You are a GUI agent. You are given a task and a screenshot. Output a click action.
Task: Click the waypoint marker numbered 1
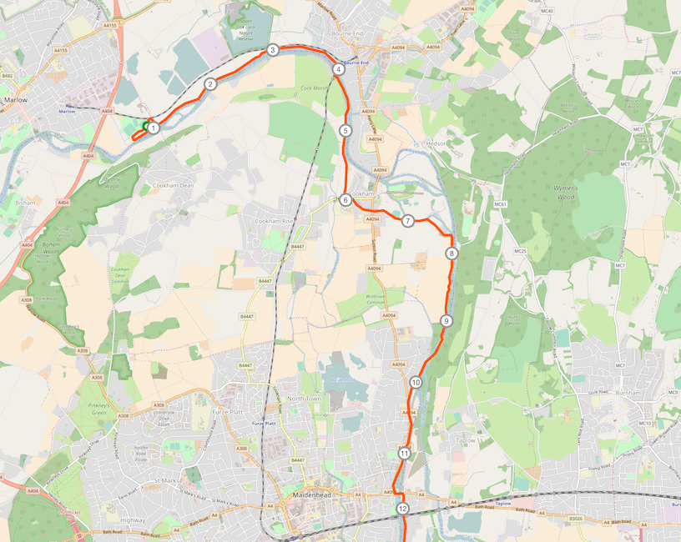(154, 128)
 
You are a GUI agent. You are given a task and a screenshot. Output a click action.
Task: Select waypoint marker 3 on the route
(273, 51)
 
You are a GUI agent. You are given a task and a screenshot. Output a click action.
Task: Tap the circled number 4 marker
(338, 69)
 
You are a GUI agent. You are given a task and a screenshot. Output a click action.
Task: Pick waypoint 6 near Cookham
(345, 200)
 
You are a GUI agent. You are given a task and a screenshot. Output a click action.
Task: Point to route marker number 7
(407, 221)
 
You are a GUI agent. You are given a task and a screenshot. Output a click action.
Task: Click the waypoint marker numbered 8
(451, 253)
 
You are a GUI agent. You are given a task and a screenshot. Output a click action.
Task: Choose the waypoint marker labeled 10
(416, 383)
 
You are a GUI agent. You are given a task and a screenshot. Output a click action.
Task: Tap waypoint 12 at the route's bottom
(402, 509)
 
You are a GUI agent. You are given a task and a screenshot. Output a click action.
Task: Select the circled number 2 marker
(210, 84)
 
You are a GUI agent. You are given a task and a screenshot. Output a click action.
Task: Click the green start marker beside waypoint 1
(145, 126)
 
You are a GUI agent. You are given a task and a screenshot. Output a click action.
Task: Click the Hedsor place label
(437, 143)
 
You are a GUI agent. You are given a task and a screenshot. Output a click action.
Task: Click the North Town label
(304, 399)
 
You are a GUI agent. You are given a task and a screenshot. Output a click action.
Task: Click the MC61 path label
(501, 204)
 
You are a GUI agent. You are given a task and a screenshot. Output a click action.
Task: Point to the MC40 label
(547, 11)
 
